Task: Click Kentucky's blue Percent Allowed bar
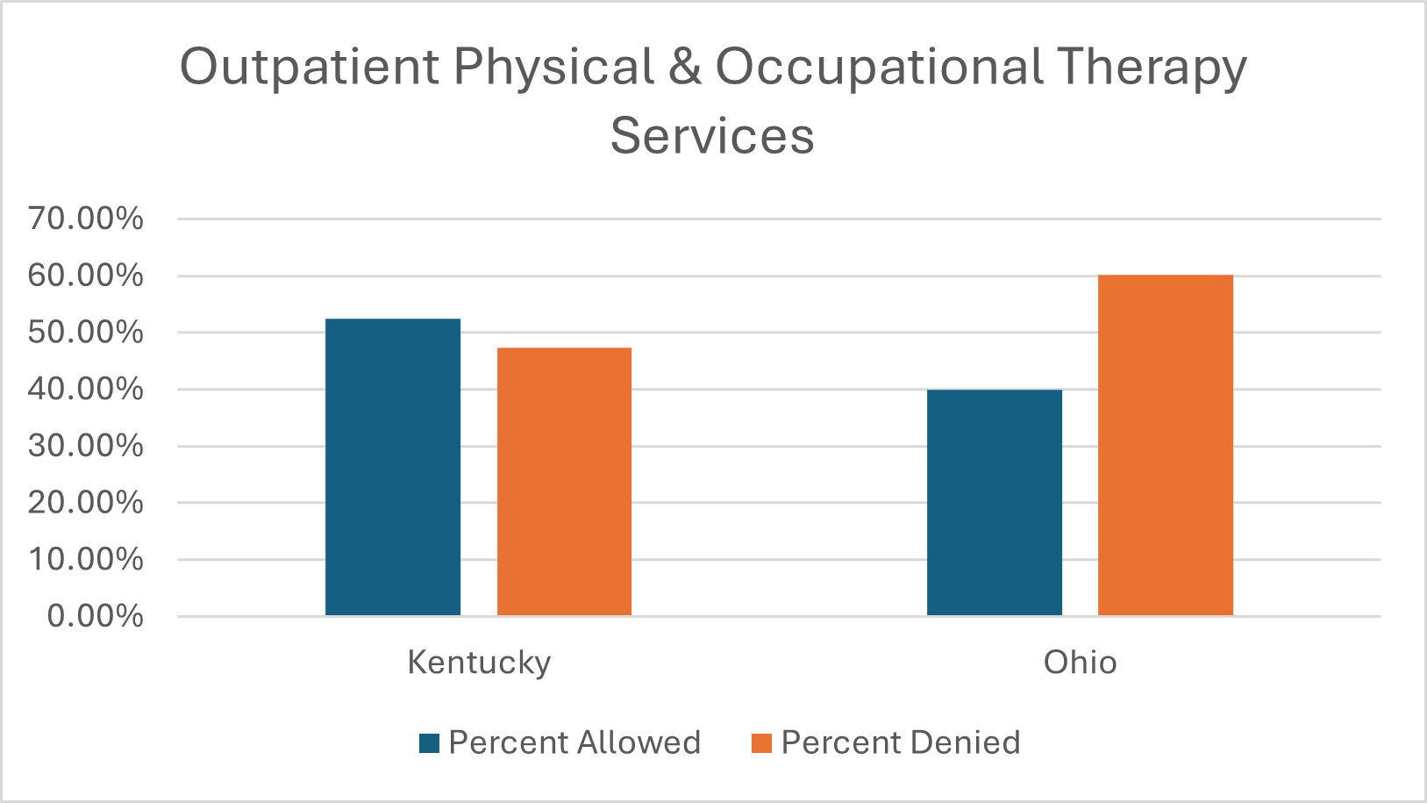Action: tap(393, 467)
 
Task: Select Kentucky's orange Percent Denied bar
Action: tap(564, 482)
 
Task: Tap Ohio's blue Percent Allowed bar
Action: tap(994, 502)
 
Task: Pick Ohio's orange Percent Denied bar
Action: tap(1165, 445)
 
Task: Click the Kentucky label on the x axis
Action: tap(479, 662)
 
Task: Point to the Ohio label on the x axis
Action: tap(1080, 662)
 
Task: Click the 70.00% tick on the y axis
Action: tap(86, 219)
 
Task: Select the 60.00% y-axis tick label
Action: tap(86, 276)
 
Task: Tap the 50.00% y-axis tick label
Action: tap(86, 333)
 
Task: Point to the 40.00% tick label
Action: tap(86, 389)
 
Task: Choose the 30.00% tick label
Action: tap(86, 446)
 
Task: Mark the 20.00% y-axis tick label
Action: tap(86, 503)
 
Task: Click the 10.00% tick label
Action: tap(86, 559)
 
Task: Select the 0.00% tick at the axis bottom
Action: tap(95, 616)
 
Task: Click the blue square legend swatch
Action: tap(429, 743)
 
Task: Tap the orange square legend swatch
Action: tap(761, 743)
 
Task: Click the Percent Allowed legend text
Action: tap(574, 742)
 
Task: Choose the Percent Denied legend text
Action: tap(901, 742)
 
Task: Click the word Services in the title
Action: tap(712, 136)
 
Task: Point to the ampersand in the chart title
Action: tap(684, 67)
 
